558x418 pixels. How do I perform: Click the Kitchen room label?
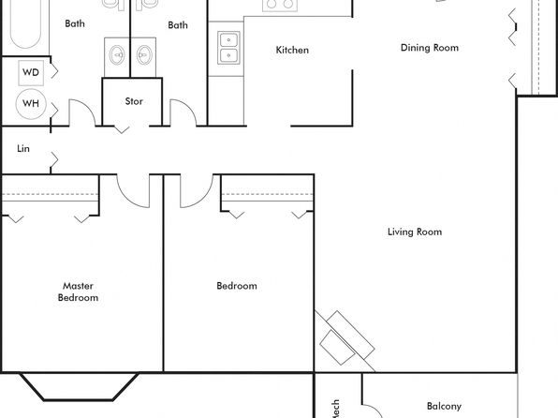(292, 50)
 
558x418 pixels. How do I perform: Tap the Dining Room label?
(430, 48)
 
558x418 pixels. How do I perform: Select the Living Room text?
(415, 232)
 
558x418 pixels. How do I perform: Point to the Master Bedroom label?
(78, 291)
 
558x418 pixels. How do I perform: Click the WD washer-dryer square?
(31, 73)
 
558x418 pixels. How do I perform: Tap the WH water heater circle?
(31, 104)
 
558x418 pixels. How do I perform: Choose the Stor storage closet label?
(134, 101)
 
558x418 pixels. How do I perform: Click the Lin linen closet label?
(23, 149)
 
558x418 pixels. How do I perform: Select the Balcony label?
(444, 406)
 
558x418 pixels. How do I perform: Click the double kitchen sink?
(228, 48)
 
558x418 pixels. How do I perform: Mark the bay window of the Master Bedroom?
(79, 387)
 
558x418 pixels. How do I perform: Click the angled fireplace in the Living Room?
(345, 339)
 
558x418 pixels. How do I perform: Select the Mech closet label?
(335, 409)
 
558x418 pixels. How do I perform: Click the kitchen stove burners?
(280, 5)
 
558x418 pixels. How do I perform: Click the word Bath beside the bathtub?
(75, 23)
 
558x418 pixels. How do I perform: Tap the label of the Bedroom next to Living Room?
(237, 286)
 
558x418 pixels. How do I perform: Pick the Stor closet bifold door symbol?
(122, 129)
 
